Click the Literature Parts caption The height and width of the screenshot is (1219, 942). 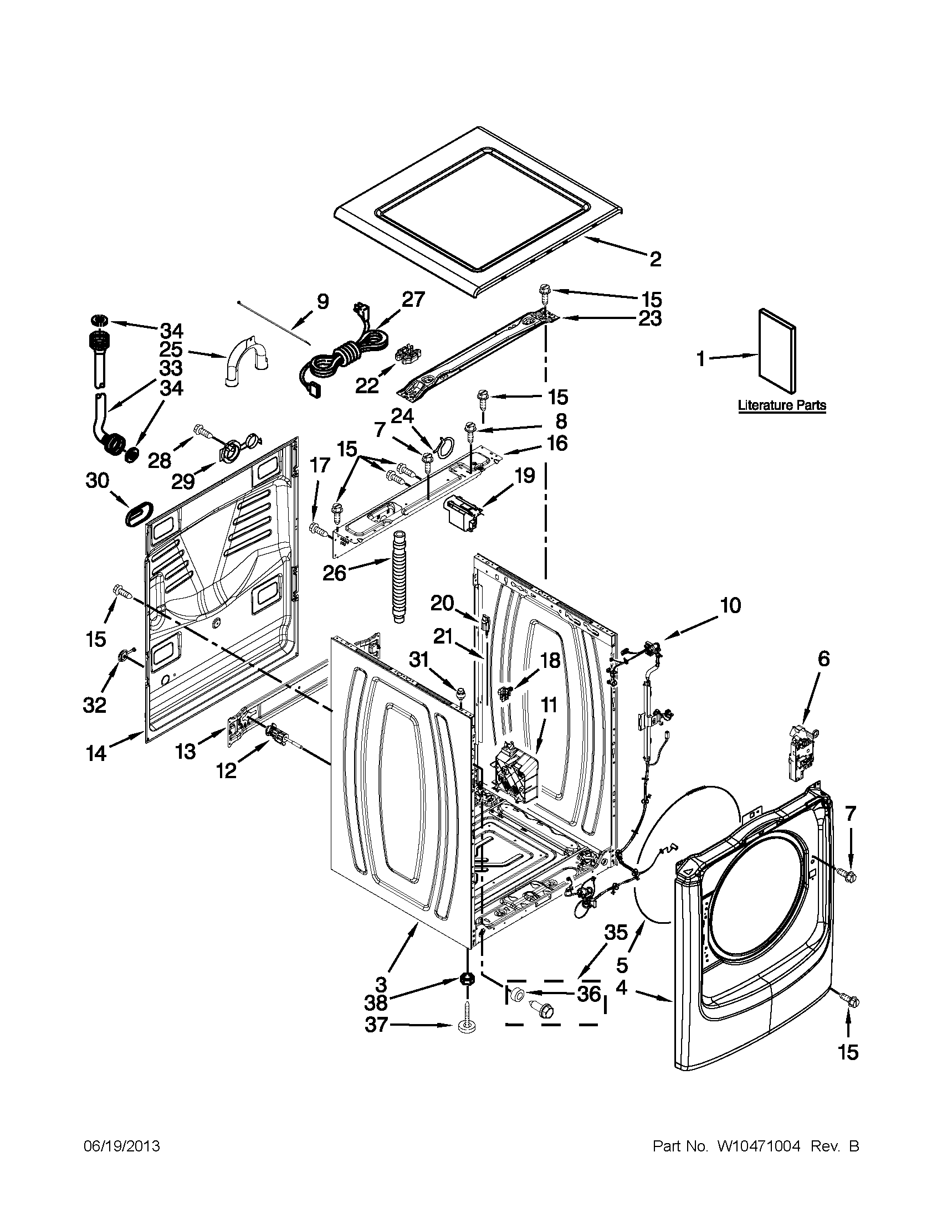pos(782,405)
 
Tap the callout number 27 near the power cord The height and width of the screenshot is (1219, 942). pos(413,300)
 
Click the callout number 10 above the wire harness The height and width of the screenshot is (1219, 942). pos(730,605)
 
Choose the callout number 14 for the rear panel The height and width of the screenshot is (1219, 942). pos(95,754)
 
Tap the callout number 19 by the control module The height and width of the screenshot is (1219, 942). pos(524,476)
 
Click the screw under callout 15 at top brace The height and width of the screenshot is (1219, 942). pos(544,291)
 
